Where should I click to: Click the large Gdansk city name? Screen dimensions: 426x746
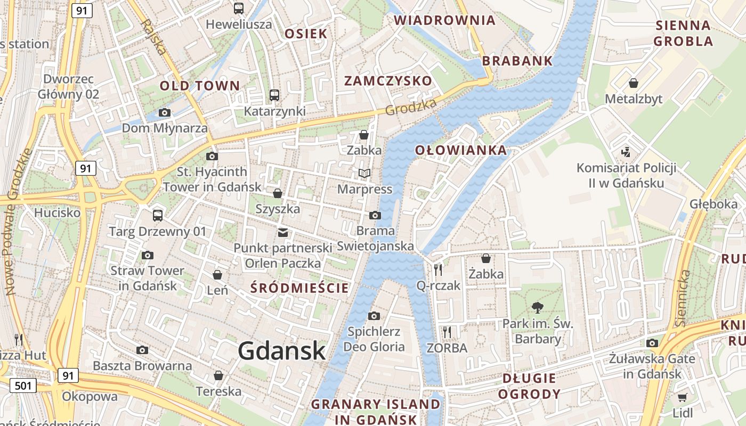(x=281, y=351)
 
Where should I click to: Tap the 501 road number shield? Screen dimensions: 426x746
(x=23, y=385)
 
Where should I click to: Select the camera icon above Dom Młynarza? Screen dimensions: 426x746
(x=165, y=112)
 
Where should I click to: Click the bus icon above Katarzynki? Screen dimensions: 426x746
(x=274, y=95)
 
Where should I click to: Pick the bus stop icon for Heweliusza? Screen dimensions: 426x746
(x=238, y=9)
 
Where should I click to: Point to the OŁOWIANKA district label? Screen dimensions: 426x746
(x=461, y=150)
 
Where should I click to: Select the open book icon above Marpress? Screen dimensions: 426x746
(x=364, y=173)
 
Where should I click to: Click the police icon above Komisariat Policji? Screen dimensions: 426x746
(x=626, y=152)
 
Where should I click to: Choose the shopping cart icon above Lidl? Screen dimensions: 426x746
(x=683, y=397)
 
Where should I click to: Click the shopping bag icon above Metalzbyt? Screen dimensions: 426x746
(x=634, y=83)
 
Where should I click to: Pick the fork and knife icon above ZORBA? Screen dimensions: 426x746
(x=447, y=332)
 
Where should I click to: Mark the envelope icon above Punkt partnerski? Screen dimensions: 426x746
(x=282, y=232)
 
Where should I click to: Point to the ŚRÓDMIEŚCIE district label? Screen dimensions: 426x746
(x=299, y=288)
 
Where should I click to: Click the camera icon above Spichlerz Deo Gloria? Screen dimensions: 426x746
(x=374, y=316)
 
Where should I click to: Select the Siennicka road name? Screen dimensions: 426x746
(x=683, y=298)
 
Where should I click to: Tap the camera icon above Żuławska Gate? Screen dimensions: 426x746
(x=652, y=343)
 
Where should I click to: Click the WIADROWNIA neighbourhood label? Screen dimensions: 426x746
(x=444, y=20)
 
